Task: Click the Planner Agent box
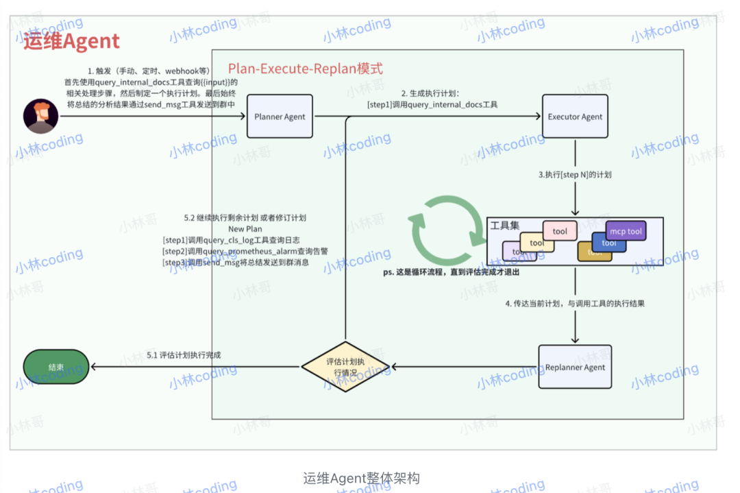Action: click(280, 117)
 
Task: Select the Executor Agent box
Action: click(575, 117)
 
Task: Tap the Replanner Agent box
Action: click(575, 368)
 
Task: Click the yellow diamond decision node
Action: click(345, 368)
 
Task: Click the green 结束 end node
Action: click(56, 367)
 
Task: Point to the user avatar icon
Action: click(40, 116)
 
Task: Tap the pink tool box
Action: click(560, 231)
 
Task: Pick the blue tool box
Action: click(609, 243)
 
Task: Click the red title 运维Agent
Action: click(71, 42)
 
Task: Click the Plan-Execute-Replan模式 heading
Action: click(305, 69)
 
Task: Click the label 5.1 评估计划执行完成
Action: click(184, 355)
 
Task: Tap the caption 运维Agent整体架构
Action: click(361, 478)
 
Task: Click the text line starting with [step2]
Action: click(245, 251)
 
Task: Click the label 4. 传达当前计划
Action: click(575, 303)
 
